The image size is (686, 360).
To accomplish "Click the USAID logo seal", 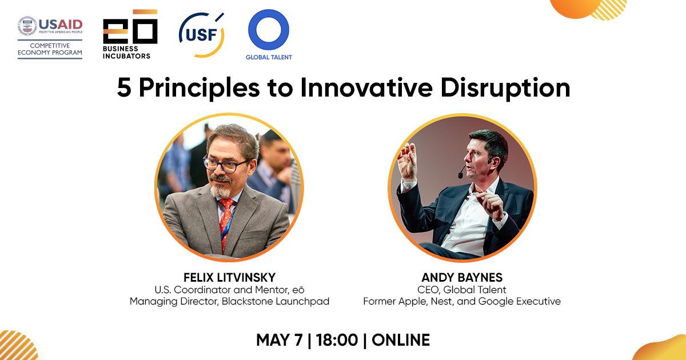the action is click(x=27, y=26).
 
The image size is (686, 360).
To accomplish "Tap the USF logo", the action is click(x=201, y=35).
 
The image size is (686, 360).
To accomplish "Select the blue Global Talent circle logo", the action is click(x=269, y=30).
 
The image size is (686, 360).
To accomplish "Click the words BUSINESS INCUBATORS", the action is click(x=126, y=53).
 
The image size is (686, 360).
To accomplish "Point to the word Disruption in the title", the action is click(x=505, y=88).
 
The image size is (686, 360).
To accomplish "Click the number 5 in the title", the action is click(x=124, y=88).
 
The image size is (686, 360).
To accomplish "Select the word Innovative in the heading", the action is click(x=366, y=87).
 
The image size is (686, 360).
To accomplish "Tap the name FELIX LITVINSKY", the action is click(x=229, y=277).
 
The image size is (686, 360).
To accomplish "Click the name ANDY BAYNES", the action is click(x=462, y=277).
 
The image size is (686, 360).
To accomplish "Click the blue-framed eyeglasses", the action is click(x=225, y=165).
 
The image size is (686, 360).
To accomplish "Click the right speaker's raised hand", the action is click(x=407, y=162).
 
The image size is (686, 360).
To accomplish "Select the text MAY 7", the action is click(x=280, y=340).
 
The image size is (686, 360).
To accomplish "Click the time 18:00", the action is click(x=337, y=340).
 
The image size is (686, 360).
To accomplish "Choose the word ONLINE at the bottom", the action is click(x=401, y=340).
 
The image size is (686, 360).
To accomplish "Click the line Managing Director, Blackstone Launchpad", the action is click(x=229, y=301).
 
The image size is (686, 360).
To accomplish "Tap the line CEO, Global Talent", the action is click(x=462, y=290).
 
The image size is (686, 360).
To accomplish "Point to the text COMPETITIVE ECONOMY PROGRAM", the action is click(x=50, y=49).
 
